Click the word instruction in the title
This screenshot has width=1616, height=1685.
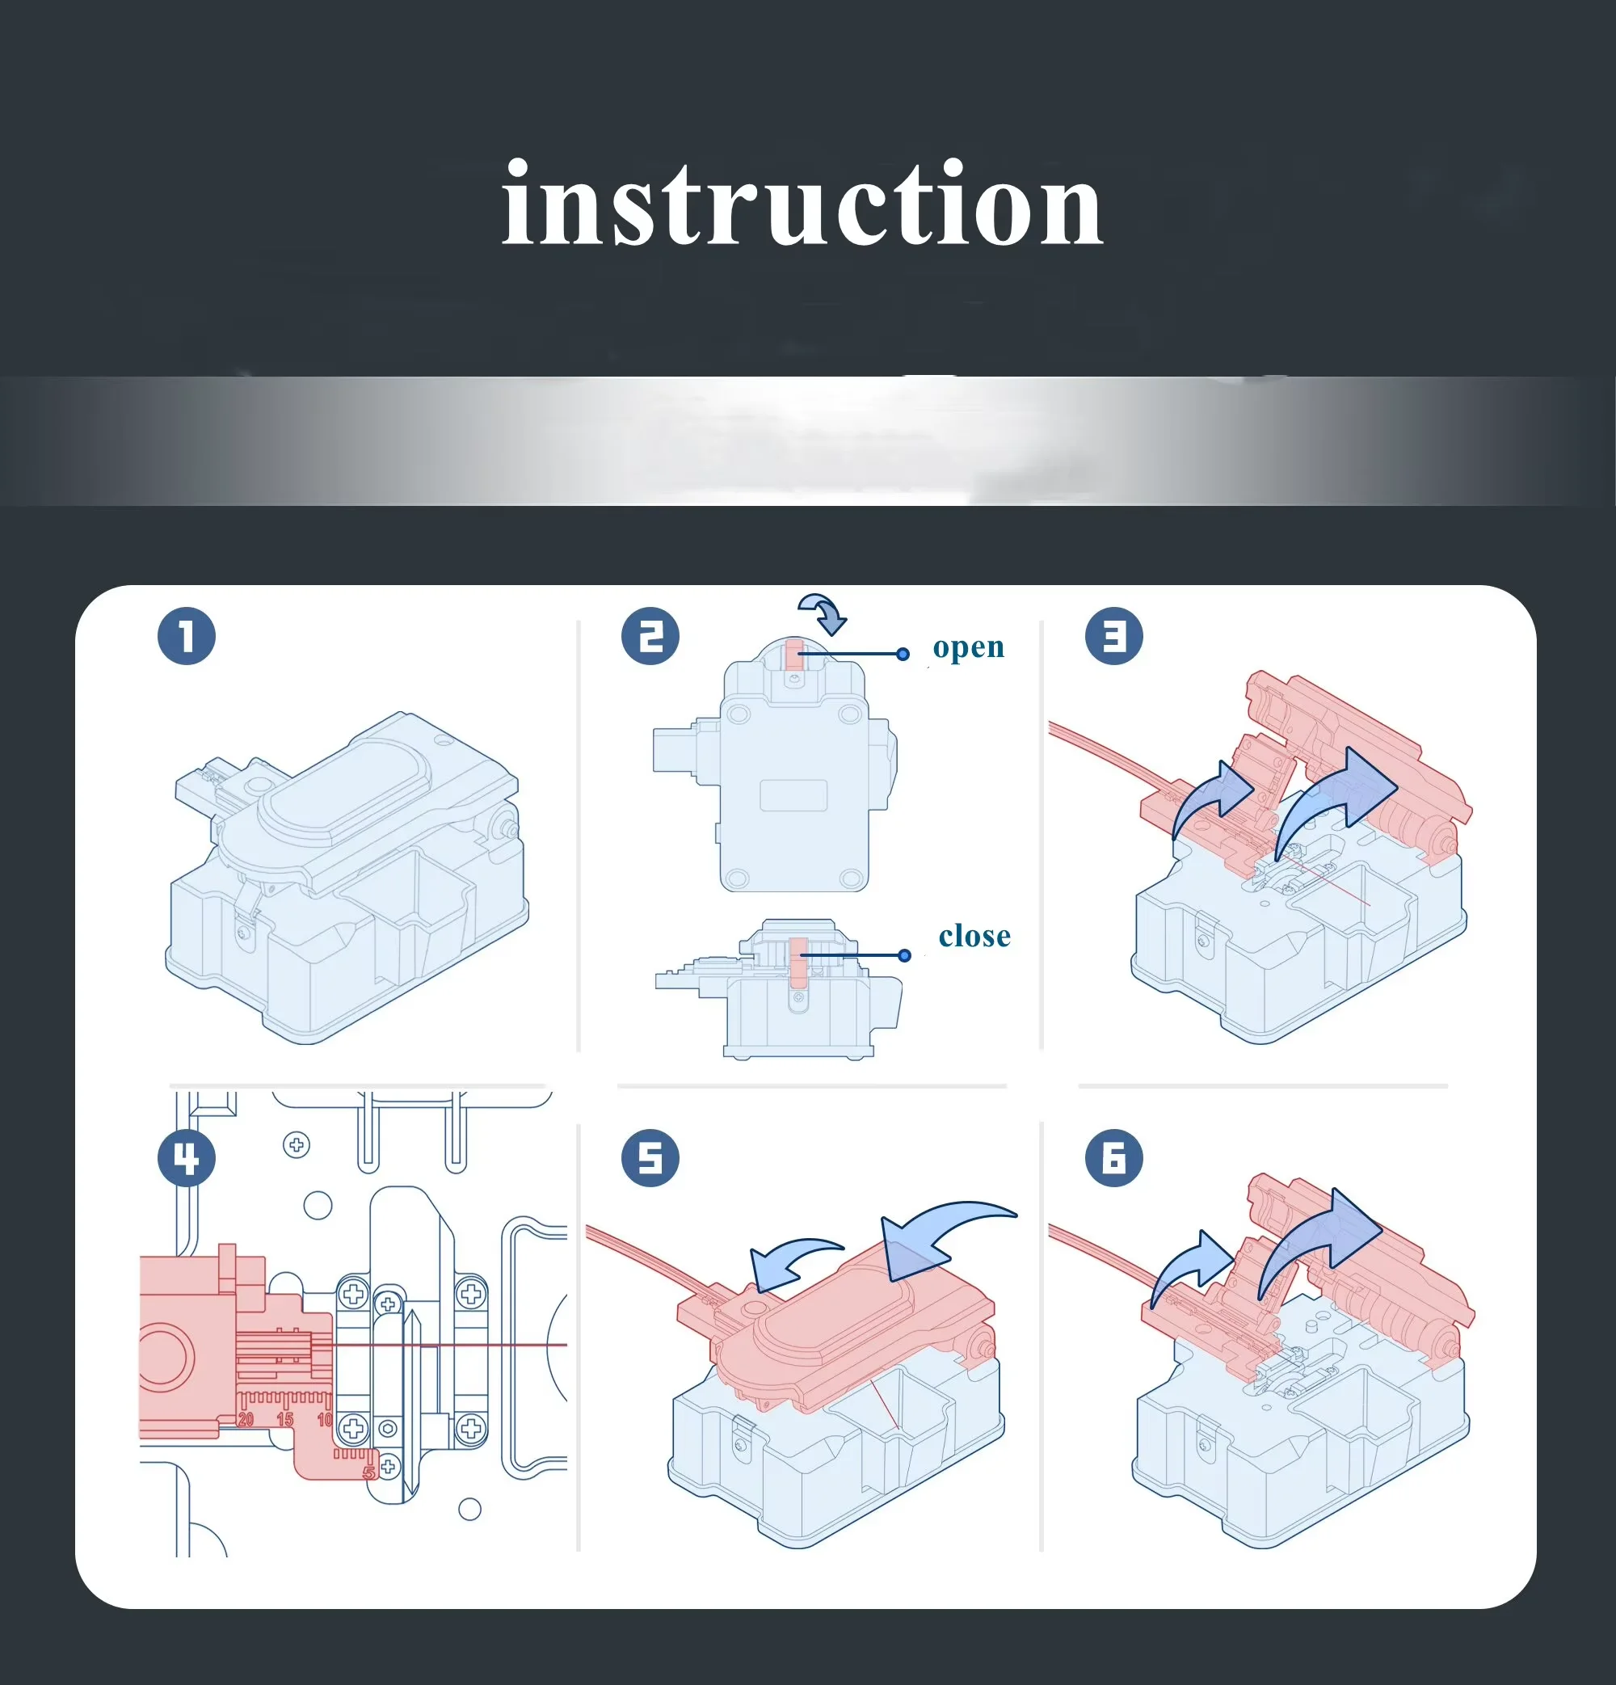tap(803, 204)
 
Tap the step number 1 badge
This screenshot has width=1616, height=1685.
tap(187, 636)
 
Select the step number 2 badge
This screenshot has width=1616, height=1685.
tap(650, 636)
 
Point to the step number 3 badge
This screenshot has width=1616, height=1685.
tap(1114, 636)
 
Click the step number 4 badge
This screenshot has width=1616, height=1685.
tap(187, 1158)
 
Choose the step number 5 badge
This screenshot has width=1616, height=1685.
tap(650, 1158)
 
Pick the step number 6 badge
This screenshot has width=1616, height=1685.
tap(1114, 1158)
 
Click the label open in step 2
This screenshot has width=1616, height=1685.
tap(969, 648)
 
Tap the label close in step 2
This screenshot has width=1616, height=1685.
tap(974, 935)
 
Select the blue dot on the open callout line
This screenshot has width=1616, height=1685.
tap(903, 655)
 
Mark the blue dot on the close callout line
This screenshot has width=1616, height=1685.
tap(904, 955)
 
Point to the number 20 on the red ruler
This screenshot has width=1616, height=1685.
tap(246, 1418)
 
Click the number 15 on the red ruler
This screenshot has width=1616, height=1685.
tap(284, 1418)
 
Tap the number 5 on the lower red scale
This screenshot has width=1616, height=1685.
tap(368, 1472)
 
